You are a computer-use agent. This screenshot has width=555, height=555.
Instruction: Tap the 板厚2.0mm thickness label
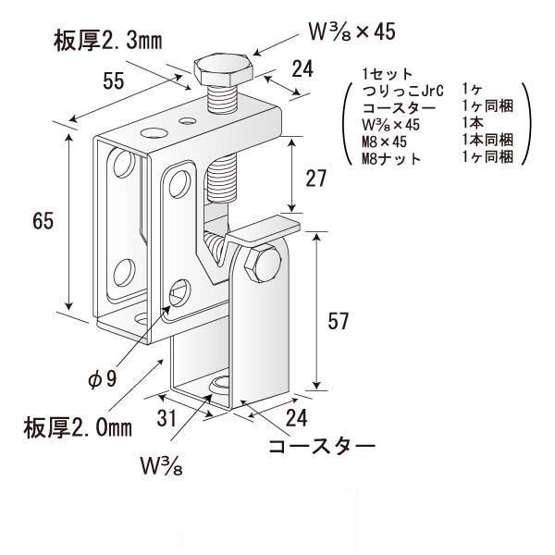(x=78, y=426)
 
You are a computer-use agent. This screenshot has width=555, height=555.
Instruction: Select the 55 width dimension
(x=114, y=81)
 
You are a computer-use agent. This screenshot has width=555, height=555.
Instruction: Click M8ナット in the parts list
(x=392, y=158)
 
